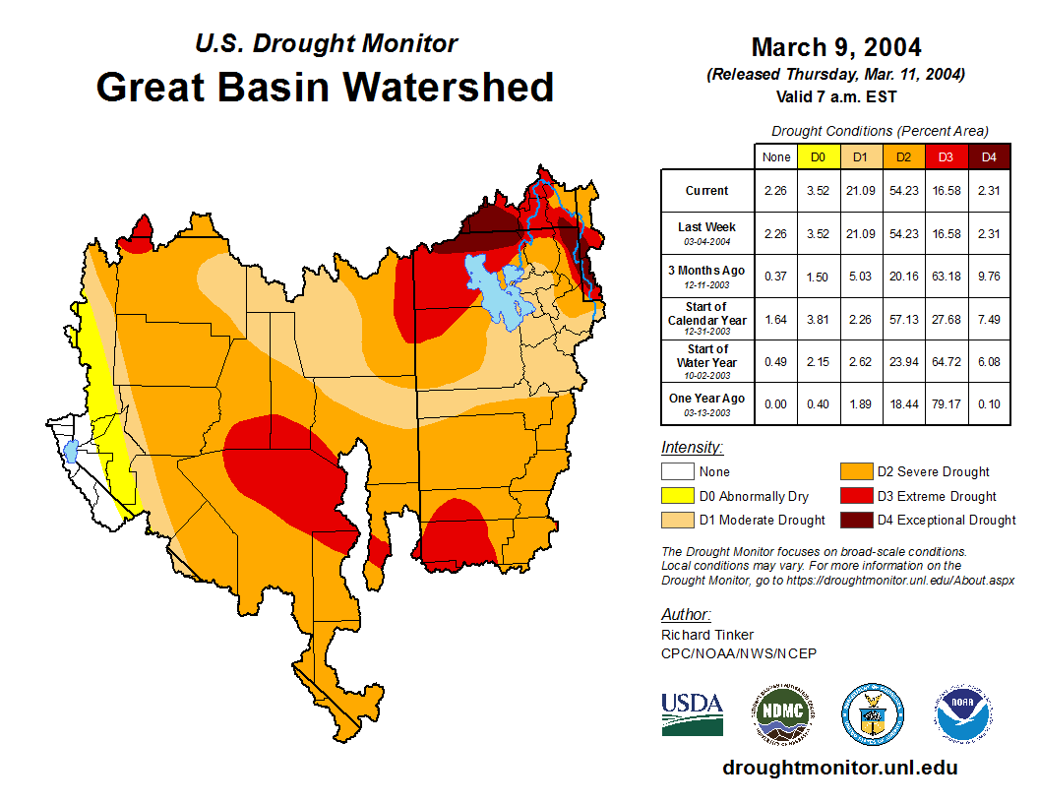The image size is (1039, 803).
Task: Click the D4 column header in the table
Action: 989,156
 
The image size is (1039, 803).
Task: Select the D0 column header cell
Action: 818,156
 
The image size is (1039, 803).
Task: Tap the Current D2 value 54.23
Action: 904,191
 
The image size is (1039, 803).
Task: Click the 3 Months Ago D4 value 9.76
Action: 989,277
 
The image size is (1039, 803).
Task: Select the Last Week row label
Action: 707,232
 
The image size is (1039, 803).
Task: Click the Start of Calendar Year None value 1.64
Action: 776,320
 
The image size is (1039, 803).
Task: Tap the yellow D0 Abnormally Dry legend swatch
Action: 677,496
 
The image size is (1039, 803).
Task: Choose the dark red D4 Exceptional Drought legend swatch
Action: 856,520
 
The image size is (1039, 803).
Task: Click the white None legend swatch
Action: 677,472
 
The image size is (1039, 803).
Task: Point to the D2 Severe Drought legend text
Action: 933,472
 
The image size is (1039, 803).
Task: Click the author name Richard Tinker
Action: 707,635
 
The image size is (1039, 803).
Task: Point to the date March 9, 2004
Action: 836,47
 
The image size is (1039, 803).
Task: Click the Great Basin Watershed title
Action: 325,87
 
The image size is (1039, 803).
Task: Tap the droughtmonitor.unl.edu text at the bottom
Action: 839,768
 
